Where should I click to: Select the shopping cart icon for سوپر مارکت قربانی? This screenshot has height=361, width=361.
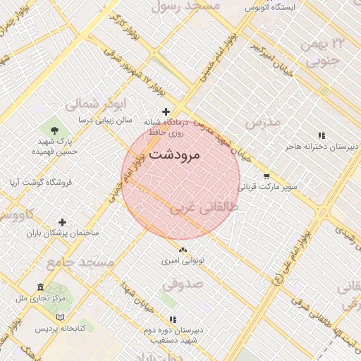(267, 176)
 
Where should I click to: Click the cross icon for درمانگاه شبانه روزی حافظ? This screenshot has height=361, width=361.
(166, 111)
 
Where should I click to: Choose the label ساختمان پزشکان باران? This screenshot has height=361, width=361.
(63, 233)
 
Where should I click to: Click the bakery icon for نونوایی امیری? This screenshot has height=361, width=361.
(183, 250)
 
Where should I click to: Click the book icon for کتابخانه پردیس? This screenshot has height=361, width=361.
(60, 317)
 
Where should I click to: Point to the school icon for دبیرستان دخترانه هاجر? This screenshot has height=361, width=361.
(322, 135)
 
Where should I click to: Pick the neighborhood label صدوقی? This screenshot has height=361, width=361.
(183, 284)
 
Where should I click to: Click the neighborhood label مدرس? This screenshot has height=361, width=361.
(262, 122)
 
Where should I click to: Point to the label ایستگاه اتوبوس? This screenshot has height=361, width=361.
(272, 7)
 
